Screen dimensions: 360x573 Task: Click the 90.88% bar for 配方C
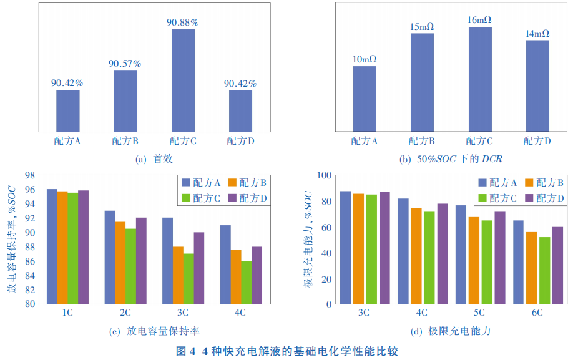click(x=183, y=80)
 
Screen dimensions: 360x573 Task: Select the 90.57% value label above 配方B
click(x=125, y=64)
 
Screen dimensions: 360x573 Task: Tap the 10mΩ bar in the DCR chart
click(x=365, y=99)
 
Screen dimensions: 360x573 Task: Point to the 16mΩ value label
click(x=480, y=20)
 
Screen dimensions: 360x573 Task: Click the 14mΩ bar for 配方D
click(x=537, y=85)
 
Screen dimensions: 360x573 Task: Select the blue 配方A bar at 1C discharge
click(x=52, y=246)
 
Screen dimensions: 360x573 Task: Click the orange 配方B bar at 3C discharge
click(x=178, y=275)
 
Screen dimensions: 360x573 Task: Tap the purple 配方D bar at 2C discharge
click(x=141, y=261)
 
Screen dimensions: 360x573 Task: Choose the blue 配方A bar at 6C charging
click(x=518, y=262)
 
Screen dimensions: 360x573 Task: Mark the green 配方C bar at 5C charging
click(x=487, y=262)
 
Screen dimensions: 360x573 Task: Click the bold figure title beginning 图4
click(x=286, y=351)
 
